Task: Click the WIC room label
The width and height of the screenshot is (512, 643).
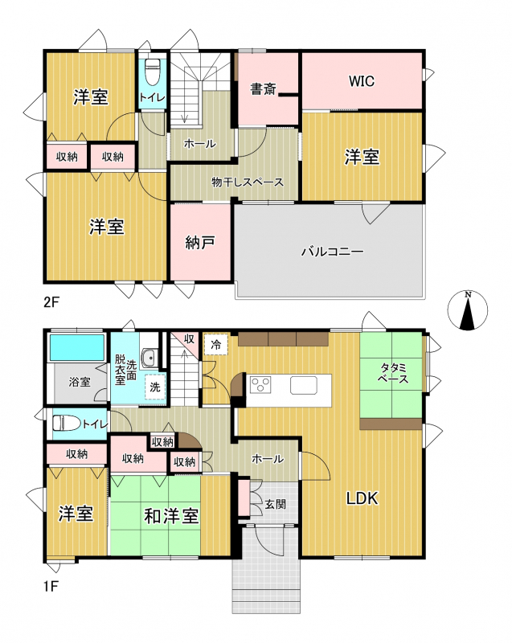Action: pyautogui.click(x=362, y=81)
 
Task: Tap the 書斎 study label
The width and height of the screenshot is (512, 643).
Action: pyautogui.click(x=263, y=88)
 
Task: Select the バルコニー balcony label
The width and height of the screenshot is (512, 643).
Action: pyautogui.click(x=333, y=251)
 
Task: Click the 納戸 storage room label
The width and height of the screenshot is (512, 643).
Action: pyautogui.click(x=199, y=243)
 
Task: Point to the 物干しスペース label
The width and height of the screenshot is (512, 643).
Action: pyautogui.click(x=248, y=182)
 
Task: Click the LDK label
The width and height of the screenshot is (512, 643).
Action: pyautogui.click(x=362, y=498)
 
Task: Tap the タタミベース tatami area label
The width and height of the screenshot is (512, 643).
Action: pyautogui.click(x=393, y=373)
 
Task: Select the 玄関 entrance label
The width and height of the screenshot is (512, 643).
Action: pyautogui.click(x=275, y=504)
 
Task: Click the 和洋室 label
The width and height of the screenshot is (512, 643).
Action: pyautogui.click(x=171, y=516)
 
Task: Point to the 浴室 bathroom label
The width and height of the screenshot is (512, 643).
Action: pyautogui.click(x=80, y=382)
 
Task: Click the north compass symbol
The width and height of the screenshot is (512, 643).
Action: pyautogui.click(x=467, y=310)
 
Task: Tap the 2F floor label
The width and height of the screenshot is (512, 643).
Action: pyautogui.click(x=52, y=302)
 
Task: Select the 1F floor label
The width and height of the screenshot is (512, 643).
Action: pyautogui.click(x=51, y=587)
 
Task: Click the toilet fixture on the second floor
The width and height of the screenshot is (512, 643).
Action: pyautogui.click(x=153, y=72)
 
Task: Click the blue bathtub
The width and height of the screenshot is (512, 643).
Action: pyautogui.click(x=77, y=348)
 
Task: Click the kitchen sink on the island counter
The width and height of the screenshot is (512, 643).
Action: pyautogui.click(x=304, y=385)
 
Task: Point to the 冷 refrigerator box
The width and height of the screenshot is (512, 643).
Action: pyautogui.click(x=216, y=345)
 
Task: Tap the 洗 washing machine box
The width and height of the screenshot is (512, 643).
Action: pyautogui.click(x=155, y=387)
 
